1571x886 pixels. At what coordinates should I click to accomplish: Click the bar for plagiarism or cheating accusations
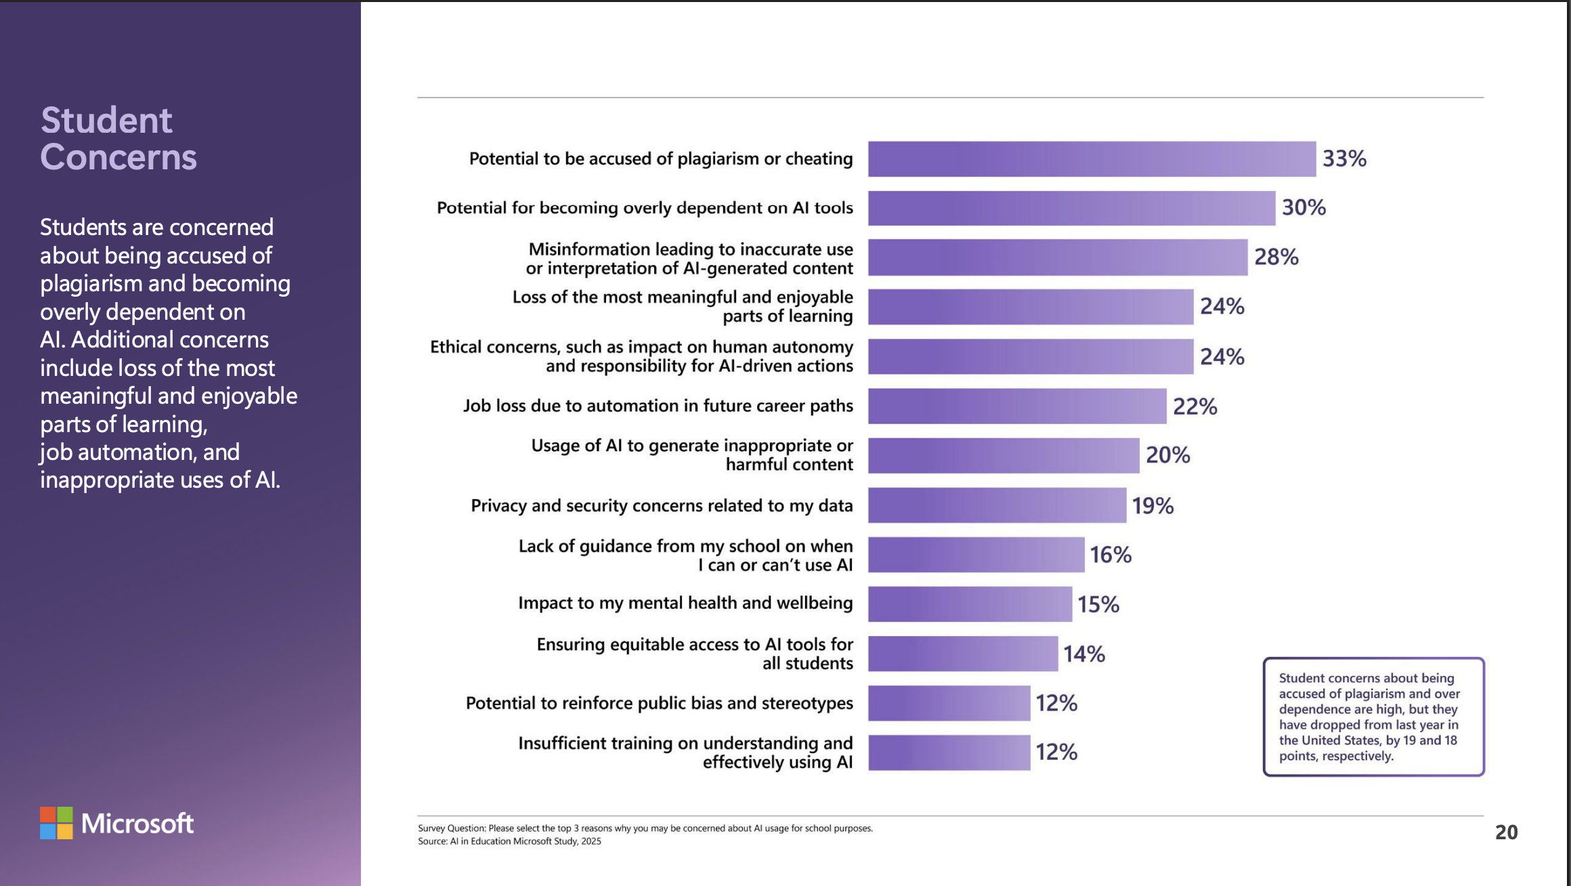tap(1092, 159)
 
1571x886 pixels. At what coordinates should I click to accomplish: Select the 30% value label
tap(1304, 207)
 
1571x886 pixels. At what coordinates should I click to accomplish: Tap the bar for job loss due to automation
tap(1017, 406)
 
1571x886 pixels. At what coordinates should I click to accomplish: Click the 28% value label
tap(1276, 257)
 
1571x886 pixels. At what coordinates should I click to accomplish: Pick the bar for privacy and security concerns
tap(997, 505)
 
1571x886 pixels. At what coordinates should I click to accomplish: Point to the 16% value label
tap(1110, 555)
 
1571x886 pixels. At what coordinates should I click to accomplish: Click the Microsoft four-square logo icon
tap(56, 823)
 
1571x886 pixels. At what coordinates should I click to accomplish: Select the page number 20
tap(1506, 832)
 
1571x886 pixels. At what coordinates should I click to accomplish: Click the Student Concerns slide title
tap(119, 139)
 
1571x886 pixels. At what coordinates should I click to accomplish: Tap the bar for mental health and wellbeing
tap(970, 604)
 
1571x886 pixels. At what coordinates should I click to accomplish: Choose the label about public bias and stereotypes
tap(659, 703)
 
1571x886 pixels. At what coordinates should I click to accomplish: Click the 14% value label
tap(1083, 654)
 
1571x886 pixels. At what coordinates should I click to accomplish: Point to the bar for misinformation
tap(1058, 257)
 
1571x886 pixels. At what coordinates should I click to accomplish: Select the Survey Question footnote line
tap(645, 828)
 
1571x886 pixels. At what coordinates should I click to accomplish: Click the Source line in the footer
tap(509, 841)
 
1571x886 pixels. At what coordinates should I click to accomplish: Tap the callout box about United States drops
tap(1373, 717)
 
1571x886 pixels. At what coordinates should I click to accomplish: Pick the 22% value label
tap(1195, 406)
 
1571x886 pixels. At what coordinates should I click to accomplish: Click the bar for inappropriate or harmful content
tap(1004, 455)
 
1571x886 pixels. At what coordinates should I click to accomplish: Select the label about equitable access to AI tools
tap(694, 654)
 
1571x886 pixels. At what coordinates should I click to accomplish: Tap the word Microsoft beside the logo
tap(137, 824)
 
